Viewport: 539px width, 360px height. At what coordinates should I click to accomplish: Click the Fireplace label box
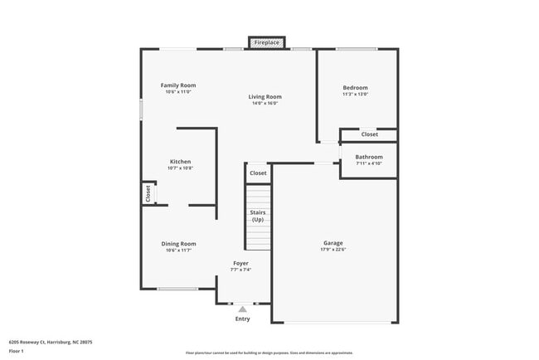(266, 41)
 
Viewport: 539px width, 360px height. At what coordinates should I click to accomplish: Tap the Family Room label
(178, 85)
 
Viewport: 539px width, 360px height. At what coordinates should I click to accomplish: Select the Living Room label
(265, 97)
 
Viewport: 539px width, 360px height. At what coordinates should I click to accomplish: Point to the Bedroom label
(355, 88)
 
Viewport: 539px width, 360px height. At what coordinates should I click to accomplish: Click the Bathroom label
(369, 157)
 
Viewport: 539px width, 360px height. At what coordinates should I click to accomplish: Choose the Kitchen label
(181, 162)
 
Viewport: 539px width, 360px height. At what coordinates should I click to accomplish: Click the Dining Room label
(178, 243)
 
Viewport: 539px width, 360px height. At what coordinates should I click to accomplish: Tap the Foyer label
(240, 263)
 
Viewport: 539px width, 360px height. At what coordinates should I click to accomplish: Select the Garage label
(333, 243)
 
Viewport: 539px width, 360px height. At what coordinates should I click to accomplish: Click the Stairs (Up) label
(258, 216)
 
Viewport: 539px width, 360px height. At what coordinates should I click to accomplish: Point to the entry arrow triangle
(242, 309)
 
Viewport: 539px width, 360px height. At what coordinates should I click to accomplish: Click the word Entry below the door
(242, 319)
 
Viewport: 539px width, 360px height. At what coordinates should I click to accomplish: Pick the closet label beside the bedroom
(369, 134)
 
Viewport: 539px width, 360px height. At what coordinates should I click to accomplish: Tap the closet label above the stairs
(258, 173)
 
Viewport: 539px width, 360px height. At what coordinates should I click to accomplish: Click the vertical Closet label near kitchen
(148, 193)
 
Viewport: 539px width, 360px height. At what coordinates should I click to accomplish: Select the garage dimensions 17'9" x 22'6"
(333, 250)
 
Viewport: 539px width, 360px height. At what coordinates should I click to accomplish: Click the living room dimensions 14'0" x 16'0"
(265, 104)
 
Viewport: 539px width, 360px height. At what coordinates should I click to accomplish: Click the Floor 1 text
(17, 352)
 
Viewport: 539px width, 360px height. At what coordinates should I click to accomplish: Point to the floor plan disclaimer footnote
(269, 352)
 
